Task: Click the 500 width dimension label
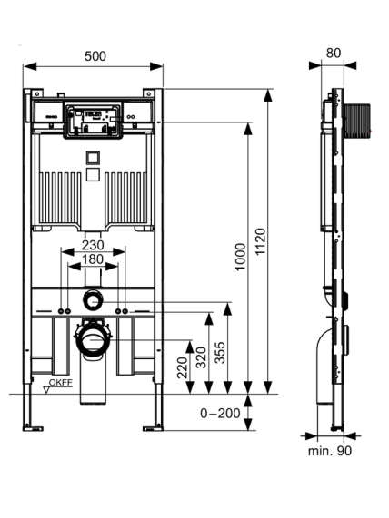pyautogui.click(x=95, y=56)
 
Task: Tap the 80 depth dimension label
pyautogui.click(x=333, y=53)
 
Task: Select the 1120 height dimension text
pyautogui.click(x=261, y=241)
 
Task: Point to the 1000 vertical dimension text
pyautogui.click(x=241, y=257)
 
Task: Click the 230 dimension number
pyautogui.click(x=93, y=246)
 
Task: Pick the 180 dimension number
pyautogui.click(x=93, y=259)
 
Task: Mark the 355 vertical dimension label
pyautogui.click(x=220, y=353)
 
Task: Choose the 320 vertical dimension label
pyautogui.click(x=201, y=357)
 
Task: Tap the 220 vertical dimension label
pyautogui.click(x=182, y=367)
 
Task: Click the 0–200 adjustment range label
pyautogui.click(x=220, y=414)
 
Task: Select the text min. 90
pyautogui.click(x=330, y=451)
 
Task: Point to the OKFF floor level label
pyautogui.click(x=61, y=383)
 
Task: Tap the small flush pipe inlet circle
pyautogui.click(x=93, y=300)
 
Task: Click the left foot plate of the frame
pyautogui.click(x=33, y=428)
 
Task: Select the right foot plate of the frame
pyautogui.click(x=153, y=428)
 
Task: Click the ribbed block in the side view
pyautogui.click(x=356, y=121)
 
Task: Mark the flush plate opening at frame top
pyautogui.click(x=93, y=121)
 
